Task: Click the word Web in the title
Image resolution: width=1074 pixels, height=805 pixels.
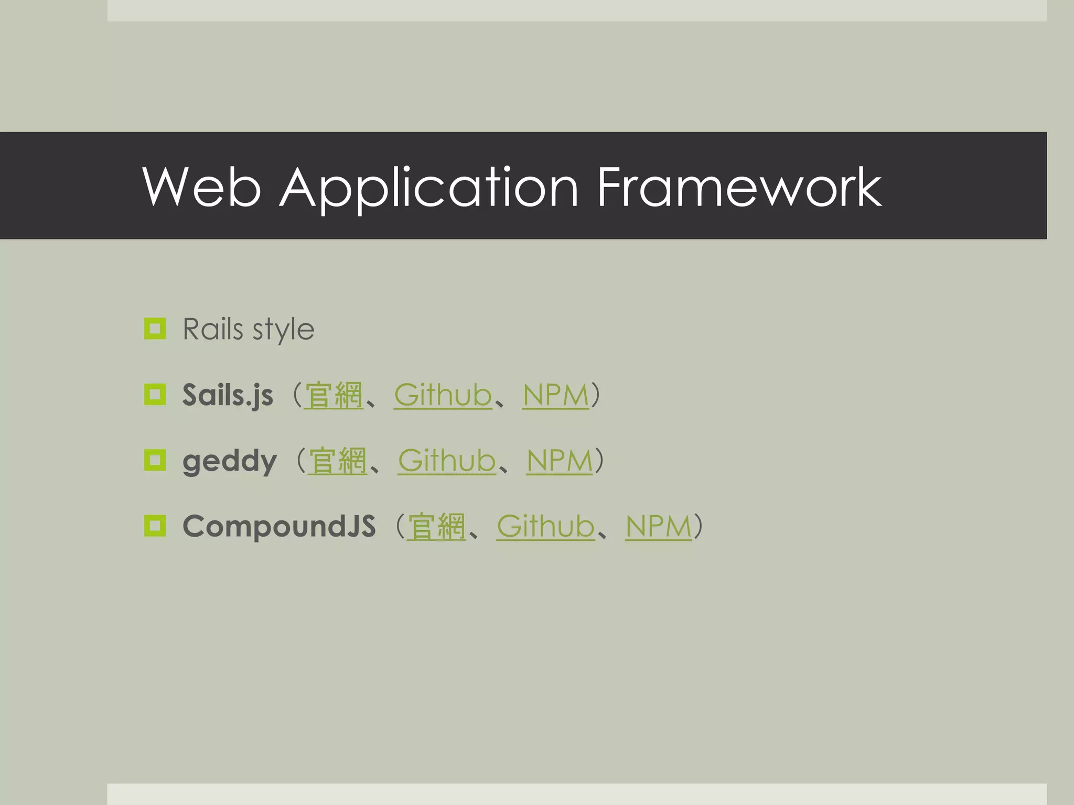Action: pyautogui.click(x=201, y=187)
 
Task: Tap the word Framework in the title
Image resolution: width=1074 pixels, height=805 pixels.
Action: pyautogui.click(x=739, y=187)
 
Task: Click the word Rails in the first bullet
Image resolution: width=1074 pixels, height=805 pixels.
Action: pyautogui.click(x=212, y=329)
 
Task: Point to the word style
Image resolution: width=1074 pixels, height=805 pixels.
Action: pyautogui.click(x=283, y=330)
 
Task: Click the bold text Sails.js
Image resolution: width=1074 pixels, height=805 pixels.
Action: pyautogui.click(x=228, y=395)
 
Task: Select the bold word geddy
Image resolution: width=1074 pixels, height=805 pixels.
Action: pyautogui.click(x=229, y=462)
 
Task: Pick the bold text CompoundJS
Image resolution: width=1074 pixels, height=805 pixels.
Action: pyautogui.click(x=279, y=526)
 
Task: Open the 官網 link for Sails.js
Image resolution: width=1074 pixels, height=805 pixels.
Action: pyautogui.click(x=334, y=395)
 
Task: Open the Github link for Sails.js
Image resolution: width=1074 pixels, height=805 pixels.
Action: pyautogui.click(x=443, y=395)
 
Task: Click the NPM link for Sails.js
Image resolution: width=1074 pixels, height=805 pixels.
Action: pyautogui.click(x=556, y=395)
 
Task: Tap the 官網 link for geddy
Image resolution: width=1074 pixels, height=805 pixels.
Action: pyautogui.click(x=337, y=461)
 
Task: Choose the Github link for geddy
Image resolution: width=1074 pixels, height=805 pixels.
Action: pyautogui.click(x=447, y=461)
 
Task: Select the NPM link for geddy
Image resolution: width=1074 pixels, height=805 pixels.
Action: pyautogui.click(x=560, y=461)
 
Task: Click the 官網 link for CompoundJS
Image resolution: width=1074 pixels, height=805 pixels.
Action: pyautogui.click(x=436, y=527)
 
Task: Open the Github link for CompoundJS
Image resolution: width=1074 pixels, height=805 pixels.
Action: pyautogui.click(x=545, y=527)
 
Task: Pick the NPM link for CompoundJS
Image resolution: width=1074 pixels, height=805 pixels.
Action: pyautogui.click(x=659, y=527)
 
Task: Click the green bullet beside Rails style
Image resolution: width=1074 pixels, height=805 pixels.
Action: pyautogui.click(x=155, y=329)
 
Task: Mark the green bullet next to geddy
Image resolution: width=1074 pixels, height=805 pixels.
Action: pyautogui.click(x=155, y=460)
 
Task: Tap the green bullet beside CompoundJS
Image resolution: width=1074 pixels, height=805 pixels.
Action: pyautogui.click(x=155, y=526)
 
